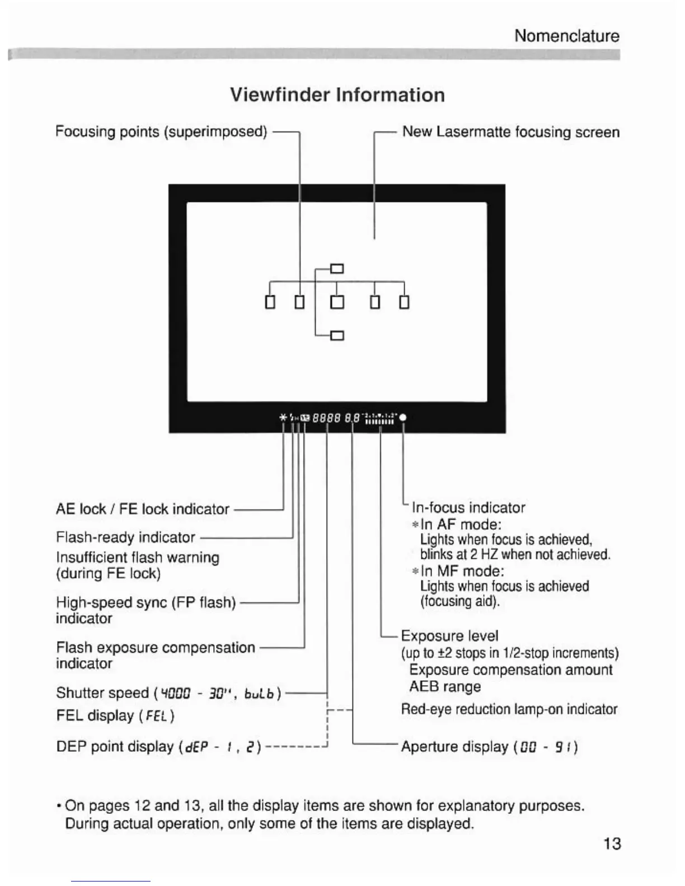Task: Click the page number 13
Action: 612,843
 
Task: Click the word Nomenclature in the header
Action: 566,36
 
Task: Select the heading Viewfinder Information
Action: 337,95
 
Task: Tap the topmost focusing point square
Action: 337,268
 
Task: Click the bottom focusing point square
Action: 337,336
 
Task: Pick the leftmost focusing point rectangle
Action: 270,302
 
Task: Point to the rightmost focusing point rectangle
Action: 404,302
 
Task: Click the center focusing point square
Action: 337,302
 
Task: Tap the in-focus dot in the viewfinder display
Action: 403,417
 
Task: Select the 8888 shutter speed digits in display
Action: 327,417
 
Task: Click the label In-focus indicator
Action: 468,507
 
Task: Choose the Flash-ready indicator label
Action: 125,538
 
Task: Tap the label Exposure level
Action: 449,636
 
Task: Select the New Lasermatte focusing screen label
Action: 511,132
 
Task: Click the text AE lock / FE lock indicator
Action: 142,509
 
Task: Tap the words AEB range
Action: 445,686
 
